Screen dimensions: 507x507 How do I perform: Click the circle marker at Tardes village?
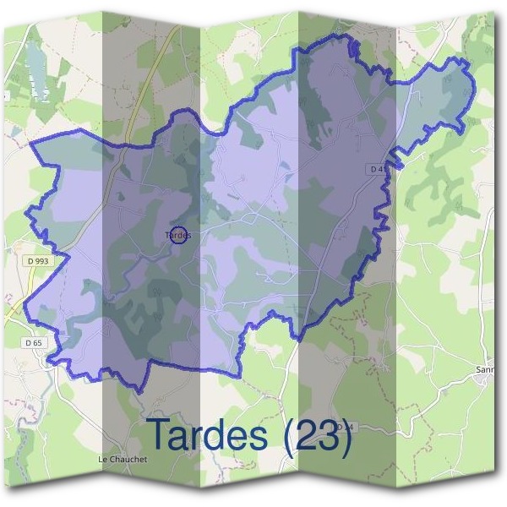pos(178,234)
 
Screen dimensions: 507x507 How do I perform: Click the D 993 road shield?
pos(39,261)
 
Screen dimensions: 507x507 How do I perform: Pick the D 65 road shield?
pos(33,342)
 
